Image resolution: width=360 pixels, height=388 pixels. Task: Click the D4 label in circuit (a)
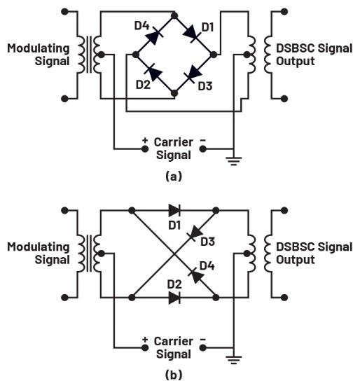point(141,25)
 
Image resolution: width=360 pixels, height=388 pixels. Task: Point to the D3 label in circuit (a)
point(205,86)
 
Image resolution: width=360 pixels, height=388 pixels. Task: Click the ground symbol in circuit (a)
point(233,160)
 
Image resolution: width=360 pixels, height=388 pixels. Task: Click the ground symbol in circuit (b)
point(233,359)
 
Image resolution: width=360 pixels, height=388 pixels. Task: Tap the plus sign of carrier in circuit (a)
point(145,141)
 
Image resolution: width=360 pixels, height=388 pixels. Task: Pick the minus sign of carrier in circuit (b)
point(203,340)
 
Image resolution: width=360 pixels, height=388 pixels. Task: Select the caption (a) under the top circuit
point(174,176)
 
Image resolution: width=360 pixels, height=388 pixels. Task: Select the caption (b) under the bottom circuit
point(174,375)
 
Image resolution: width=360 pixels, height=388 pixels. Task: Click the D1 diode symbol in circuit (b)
point(174,211)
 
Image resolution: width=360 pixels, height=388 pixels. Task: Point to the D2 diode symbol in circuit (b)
point(174,298)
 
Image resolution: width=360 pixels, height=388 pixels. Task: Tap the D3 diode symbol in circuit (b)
point(196,233)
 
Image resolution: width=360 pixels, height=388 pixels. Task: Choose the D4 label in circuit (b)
point(207,266)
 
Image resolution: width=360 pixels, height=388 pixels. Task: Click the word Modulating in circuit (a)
point(39,48)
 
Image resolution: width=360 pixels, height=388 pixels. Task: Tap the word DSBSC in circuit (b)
point(296,247)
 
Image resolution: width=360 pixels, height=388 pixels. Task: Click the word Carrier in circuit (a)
point(174,142)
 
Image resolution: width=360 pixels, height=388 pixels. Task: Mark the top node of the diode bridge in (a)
point(174,15)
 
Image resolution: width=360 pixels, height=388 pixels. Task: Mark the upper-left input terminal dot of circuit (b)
point(64,211)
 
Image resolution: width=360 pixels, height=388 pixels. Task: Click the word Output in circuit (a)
point(296,61)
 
